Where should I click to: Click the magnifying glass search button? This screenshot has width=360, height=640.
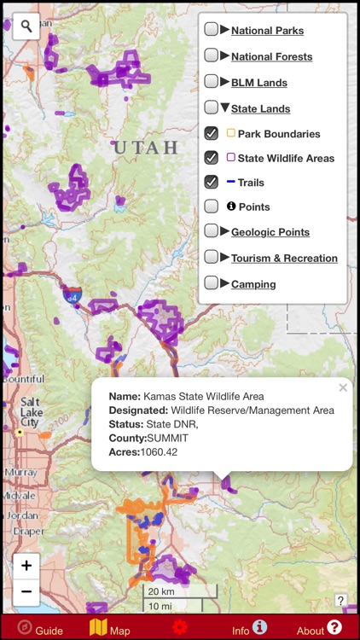(27, 26)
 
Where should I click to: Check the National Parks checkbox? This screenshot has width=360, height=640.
(211, 30)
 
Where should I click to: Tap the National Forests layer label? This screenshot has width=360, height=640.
(271, 56)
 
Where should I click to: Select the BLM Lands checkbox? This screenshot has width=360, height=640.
(211, 82)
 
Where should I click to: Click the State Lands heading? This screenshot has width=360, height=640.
(260, 108)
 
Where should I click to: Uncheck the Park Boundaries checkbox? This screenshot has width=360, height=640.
(211, 133)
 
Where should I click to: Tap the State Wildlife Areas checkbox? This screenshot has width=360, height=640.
(211, 158)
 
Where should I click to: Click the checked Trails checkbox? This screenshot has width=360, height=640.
(211, 182)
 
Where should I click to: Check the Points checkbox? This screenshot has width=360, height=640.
(211, 207)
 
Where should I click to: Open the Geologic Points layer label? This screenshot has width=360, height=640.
(270, 232)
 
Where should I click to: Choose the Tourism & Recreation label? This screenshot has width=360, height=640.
(284, 258)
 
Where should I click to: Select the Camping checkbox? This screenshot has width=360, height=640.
(211, 283)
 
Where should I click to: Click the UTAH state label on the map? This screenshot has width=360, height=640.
(146, 148)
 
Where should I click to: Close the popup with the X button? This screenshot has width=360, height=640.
(343, 387)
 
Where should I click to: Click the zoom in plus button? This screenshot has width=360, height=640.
(26, 565)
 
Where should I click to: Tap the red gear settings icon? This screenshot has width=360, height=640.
(179, 627)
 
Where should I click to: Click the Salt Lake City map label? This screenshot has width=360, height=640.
(30, 411)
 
